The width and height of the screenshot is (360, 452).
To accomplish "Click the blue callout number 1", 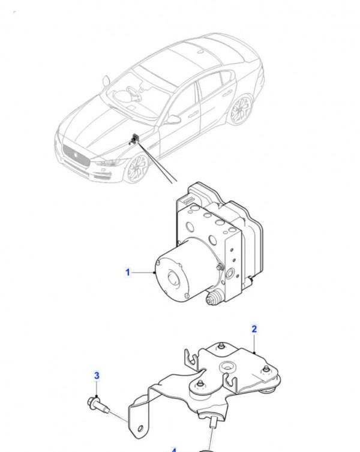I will [128, 273].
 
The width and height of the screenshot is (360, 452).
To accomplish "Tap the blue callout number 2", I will [254, 329].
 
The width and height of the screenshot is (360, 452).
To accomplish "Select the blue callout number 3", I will [97, 376].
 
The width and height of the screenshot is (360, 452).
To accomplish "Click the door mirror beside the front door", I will [173, 119].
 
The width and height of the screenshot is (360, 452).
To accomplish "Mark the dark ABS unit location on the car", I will [136, 139].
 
